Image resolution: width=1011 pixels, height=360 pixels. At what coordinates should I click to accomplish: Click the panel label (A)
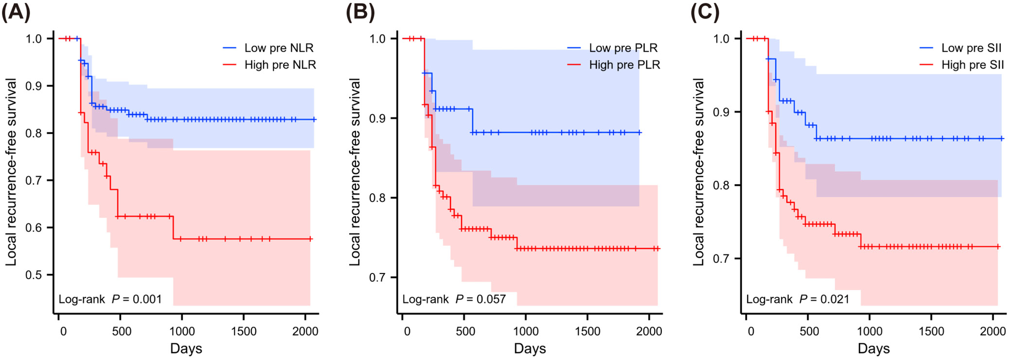coord(16,12)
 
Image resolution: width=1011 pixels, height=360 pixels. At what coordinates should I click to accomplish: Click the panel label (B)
coord(360,12)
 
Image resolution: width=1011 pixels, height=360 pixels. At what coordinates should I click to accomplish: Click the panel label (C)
coord(705,12)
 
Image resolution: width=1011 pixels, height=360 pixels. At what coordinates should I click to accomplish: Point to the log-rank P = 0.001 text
coord(110,299)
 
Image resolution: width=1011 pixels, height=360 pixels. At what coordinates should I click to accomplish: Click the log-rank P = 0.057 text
coord(454,299)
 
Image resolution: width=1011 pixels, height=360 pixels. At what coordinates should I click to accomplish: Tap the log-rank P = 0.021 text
coord(798,299)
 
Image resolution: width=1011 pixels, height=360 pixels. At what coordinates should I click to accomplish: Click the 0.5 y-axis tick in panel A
coord(34,275)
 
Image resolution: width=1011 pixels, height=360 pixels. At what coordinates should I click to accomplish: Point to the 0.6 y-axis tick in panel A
coord(34,228)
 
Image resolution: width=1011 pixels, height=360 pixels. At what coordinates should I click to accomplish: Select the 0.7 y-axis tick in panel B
coord(377,278)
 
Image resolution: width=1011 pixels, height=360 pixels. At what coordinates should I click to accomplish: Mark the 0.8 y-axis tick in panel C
coord(721,185)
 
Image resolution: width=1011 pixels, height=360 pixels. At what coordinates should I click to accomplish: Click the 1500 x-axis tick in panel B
coord(587,331)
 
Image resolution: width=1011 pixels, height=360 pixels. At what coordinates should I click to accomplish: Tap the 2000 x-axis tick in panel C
coord(993,331)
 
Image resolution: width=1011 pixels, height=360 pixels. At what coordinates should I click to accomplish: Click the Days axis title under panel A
coord(186,348)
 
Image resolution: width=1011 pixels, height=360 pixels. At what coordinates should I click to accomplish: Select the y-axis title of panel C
coord(698,172)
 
